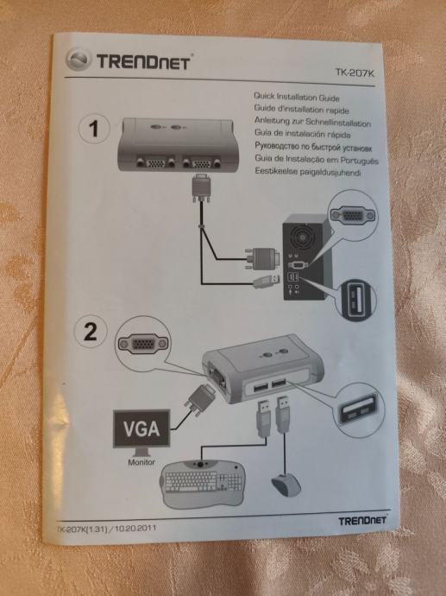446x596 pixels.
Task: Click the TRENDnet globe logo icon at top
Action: pos(79,60)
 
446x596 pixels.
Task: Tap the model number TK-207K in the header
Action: pos(355,73)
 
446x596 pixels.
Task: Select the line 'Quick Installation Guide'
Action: pos(297,97)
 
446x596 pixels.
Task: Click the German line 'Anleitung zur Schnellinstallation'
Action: pos(312,122)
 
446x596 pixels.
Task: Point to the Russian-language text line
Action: pos(313,147)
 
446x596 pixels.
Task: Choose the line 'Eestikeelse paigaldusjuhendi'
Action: pos(307,172)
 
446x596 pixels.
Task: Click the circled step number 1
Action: pos(94,129)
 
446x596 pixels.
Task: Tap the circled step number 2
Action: pos(91,332)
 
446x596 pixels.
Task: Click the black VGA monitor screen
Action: pos(141,428)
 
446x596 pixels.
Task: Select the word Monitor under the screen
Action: pos(141,462)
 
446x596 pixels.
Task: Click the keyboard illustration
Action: pos(203,483)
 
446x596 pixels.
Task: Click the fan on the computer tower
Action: pos(302,237)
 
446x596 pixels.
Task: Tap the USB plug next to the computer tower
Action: pos(267,282)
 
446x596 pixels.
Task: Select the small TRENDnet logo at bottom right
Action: pos(361,520)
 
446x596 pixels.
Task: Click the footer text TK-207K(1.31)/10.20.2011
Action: pos(106,529)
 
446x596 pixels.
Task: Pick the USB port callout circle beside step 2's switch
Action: pos(359,409)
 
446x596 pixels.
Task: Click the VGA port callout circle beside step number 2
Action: pos(142,344)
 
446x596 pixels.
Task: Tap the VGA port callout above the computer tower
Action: pos(353,214)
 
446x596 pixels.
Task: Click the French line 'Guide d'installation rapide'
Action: pos(301,109)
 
